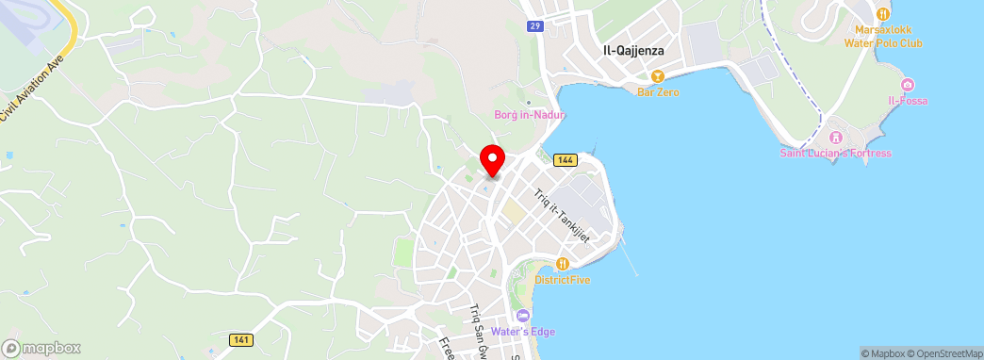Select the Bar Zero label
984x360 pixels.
click(658, 91)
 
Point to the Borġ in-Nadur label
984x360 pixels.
click(530, 115)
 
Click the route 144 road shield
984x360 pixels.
click(565, 160)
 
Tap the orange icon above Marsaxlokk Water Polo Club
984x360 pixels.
click(882, 13)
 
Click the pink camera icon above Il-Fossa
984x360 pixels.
click(908, 85)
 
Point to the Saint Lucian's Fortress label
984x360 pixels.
click(835, 153)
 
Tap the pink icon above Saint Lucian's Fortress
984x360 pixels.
click(835, 138)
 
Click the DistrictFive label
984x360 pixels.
click(563, 279)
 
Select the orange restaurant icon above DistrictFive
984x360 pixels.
click(563, 264)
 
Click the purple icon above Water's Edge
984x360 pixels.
click(523, 315)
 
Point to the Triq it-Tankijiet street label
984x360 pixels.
click(562, 215)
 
